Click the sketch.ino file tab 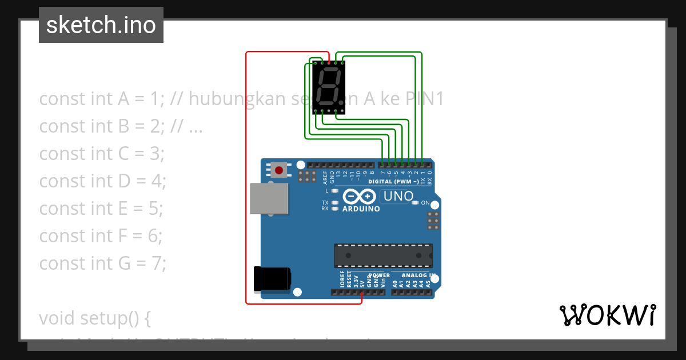point(101,25)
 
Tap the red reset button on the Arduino point(279,170)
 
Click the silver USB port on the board point(269,198)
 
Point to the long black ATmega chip point(383,255)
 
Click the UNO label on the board point(398,197)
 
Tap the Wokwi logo point(607,315)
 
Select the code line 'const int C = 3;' point(102,154)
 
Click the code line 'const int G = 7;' point(102,263)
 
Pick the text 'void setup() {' point(95,318)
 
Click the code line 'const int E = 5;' point(101,209)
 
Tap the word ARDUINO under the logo point(361,209)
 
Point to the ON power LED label point(425,203)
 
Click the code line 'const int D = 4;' point(102,181)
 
